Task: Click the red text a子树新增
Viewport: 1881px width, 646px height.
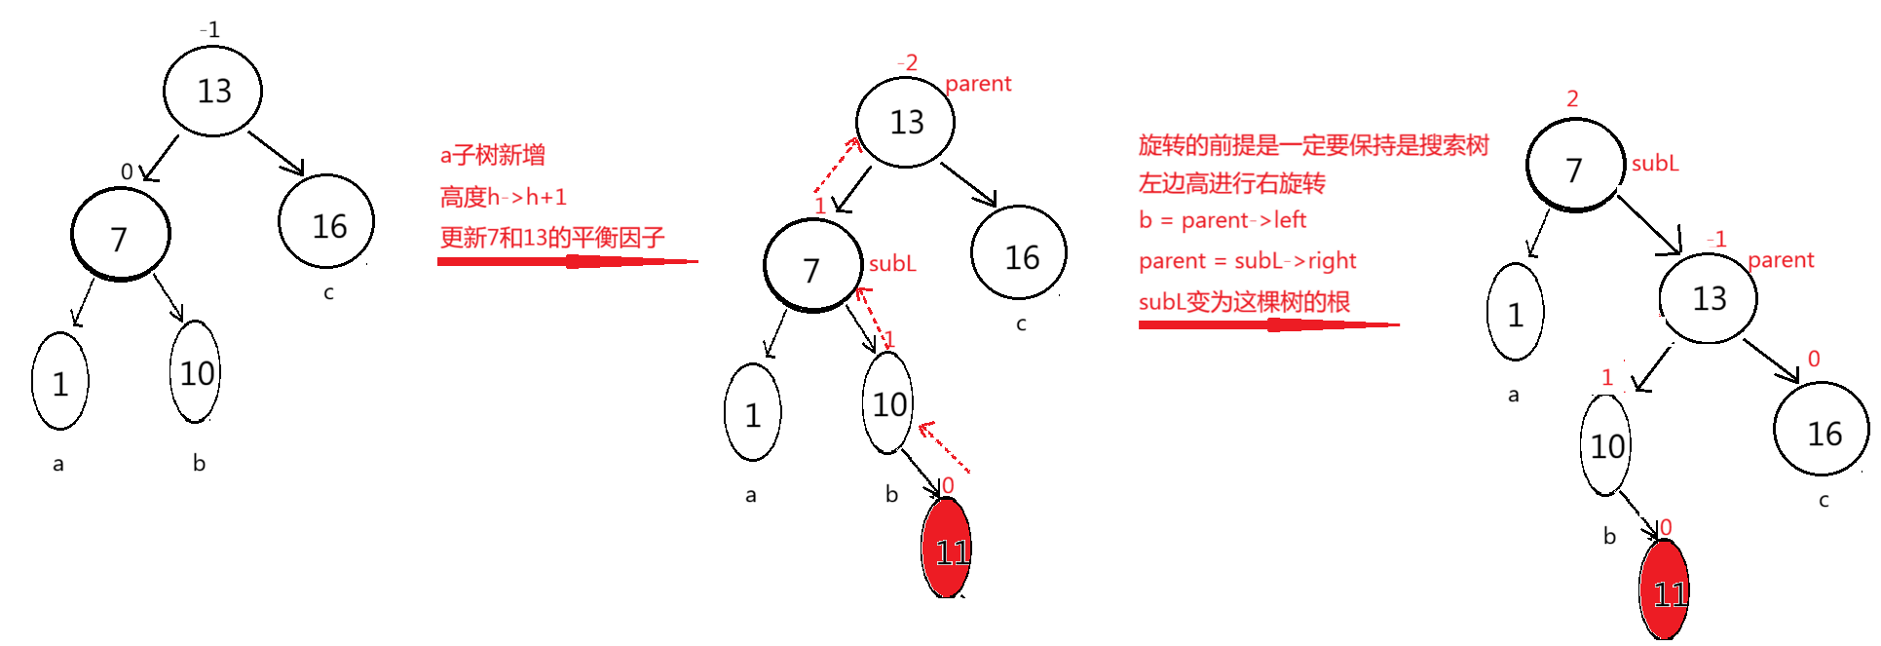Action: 492,155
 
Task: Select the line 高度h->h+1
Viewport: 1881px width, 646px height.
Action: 503,197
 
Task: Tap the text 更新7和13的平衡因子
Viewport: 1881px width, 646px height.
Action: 552,237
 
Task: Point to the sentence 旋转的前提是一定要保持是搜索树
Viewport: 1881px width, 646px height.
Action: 1313,145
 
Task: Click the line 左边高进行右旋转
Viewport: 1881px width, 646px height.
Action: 1232,183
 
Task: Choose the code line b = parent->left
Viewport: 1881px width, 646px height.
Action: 1223,220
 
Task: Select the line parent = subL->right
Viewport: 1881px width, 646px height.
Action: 1248,261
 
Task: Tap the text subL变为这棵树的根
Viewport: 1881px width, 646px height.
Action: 1244,302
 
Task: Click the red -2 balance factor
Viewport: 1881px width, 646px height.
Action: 907,63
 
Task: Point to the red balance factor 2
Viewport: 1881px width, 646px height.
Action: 1572,98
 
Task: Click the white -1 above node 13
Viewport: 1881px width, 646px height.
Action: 209,30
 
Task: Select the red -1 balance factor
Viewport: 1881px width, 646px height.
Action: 1716,239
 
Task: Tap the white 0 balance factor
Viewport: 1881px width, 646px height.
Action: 127,172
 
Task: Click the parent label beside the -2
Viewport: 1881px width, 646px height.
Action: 978,84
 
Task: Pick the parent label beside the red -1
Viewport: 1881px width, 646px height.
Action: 1781,260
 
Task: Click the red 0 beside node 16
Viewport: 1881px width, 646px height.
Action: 1813,359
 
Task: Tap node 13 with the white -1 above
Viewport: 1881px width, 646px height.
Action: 214,92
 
